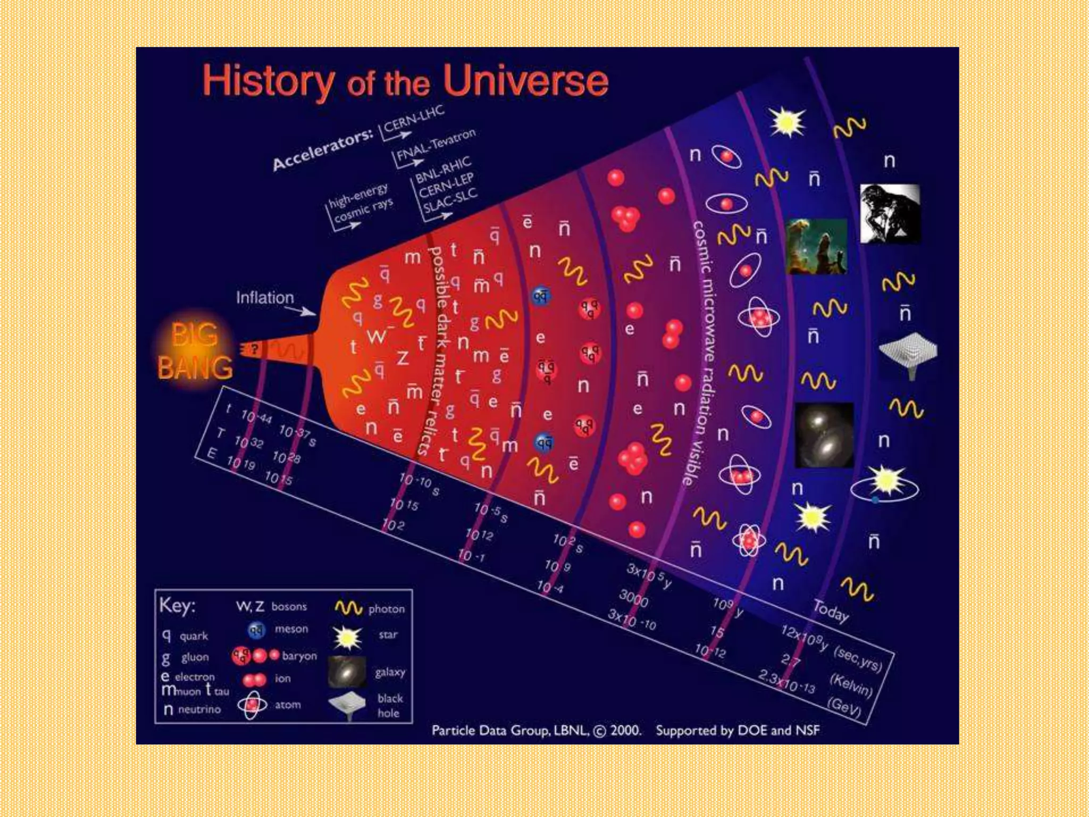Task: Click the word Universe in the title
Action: (525, 81)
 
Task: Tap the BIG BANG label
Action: (195, 351)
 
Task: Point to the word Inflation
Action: (265, 297)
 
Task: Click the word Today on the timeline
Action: (830, 611)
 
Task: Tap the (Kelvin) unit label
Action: (851, 685)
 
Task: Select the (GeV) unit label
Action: (844, 706)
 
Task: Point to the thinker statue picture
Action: (890, 213)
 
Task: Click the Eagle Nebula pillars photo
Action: (816, 246)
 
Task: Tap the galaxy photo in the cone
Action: (824, 435)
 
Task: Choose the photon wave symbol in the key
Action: (348, 608)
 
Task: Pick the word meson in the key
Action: (291, 629)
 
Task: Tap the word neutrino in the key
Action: (199, 709)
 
